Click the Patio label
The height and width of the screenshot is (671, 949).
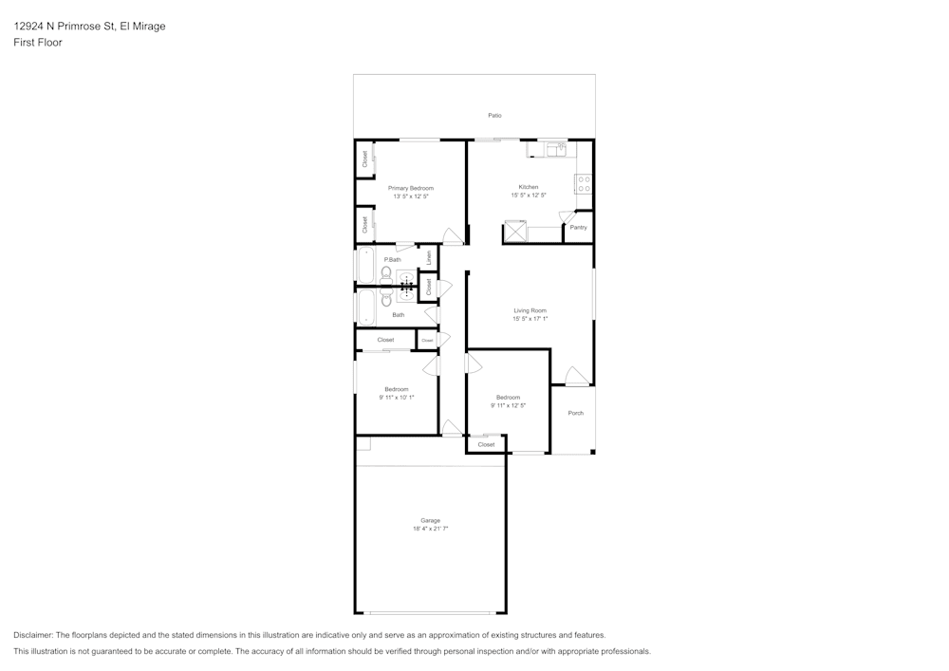point(494,116)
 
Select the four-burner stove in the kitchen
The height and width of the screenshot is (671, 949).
point(584,184)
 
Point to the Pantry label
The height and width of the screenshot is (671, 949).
point(578,228)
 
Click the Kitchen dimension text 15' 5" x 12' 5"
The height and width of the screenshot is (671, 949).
point(529,196)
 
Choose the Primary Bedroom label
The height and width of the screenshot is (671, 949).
point(410,188)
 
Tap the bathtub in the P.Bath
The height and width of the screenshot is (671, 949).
point(366,265)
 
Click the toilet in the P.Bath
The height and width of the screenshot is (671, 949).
point(386,272)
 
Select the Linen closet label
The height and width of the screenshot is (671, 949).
point(429,256)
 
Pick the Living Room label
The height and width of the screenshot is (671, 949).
point(530,310)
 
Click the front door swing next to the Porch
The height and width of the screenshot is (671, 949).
point(575,376)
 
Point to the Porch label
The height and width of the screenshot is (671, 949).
point(575,413)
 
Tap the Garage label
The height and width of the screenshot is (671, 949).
point(430,520)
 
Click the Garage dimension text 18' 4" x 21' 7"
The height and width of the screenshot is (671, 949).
point(430,529)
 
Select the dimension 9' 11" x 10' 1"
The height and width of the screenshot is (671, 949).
point(396,398)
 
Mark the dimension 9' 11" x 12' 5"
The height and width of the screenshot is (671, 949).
point(508,405)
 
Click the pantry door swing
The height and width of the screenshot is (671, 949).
point(568,216)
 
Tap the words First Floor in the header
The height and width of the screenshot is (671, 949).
point(38,43)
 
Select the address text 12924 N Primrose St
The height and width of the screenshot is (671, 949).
point(63,27)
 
